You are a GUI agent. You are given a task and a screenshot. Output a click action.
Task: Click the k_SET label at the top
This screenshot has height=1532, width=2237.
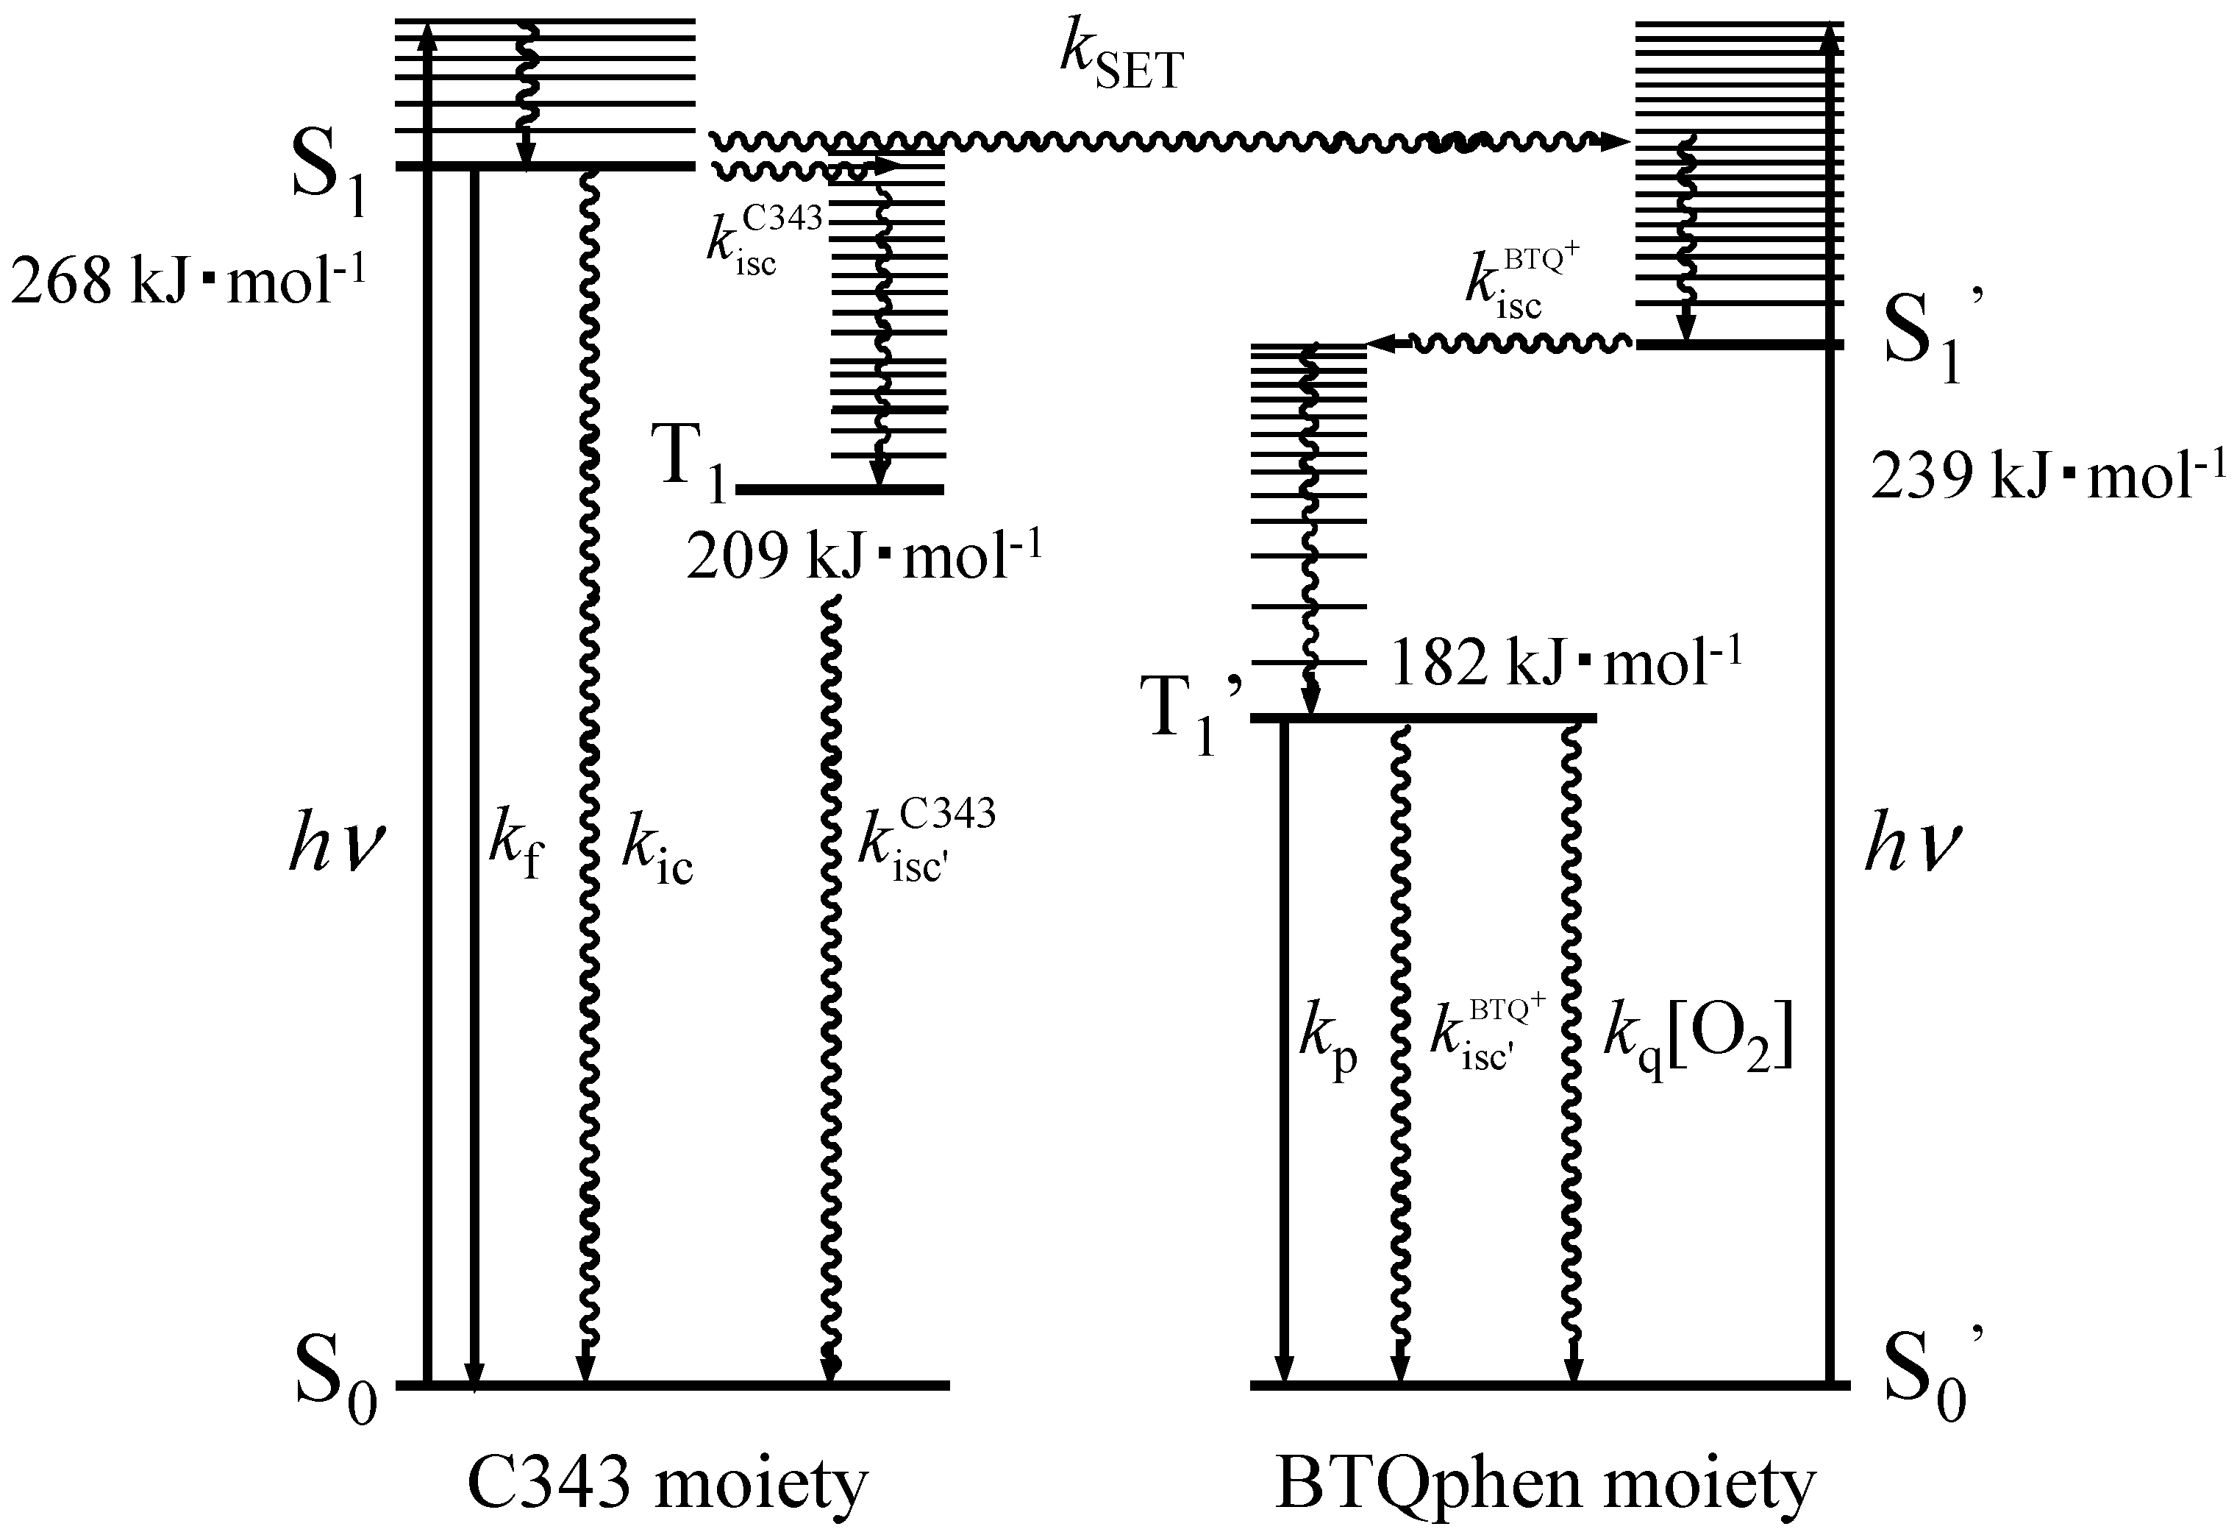1121,60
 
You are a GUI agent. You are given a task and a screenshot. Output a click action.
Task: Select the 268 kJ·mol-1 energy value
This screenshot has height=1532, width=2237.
189,280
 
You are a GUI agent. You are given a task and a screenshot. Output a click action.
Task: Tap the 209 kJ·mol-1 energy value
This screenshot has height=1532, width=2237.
863,556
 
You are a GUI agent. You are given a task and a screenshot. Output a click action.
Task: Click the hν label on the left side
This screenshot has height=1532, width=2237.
337,845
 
